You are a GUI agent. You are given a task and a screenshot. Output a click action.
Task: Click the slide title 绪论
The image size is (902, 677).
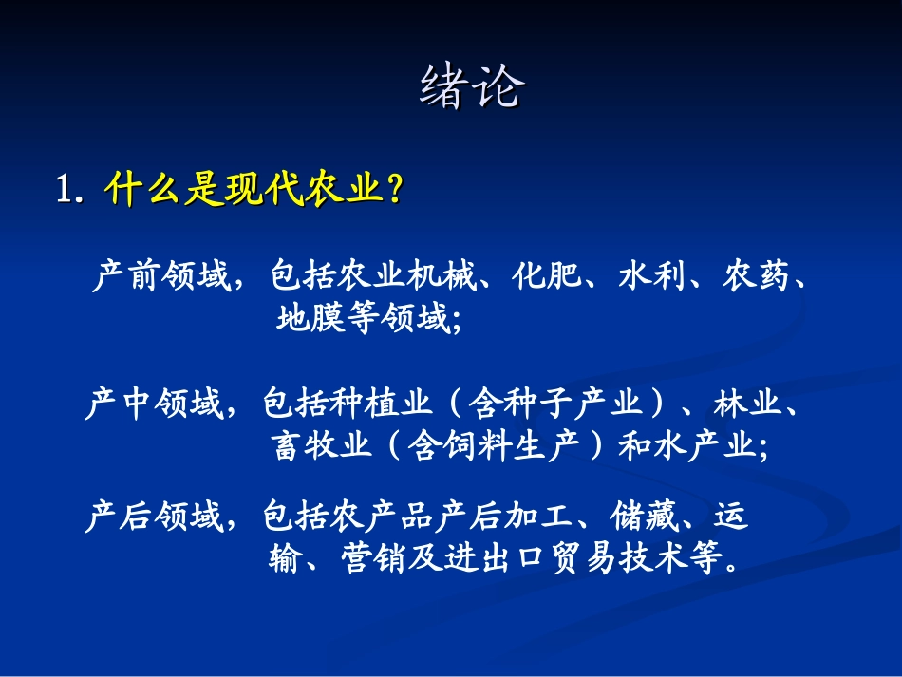coord(472,88)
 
